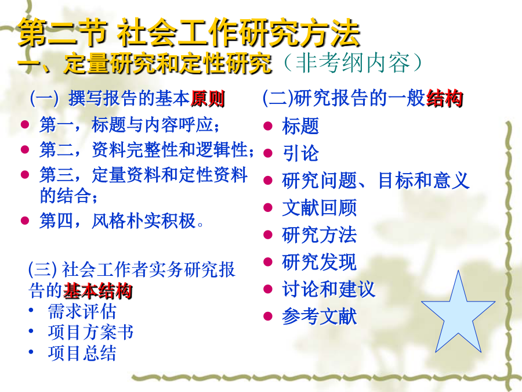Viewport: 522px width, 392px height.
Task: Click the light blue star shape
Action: [458, 317]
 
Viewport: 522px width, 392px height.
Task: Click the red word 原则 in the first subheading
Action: [208, 99]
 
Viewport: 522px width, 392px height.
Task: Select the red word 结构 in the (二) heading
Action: [445, 98]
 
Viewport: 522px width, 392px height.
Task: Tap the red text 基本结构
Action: [97, 291]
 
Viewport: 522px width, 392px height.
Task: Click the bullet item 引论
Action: [300, 153]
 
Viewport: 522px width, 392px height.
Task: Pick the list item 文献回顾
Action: [319, 208]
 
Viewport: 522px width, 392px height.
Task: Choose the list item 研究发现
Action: [319, 262]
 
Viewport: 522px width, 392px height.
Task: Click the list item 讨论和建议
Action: [329, 289]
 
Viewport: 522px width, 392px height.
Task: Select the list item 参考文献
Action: [319, 316]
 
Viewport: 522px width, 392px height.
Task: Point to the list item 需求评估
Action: [82, 312]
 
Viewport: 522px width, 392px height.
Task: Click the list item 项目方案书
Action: [90, 332]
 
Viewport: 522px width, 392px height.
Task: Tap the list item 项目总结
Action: [82, 353]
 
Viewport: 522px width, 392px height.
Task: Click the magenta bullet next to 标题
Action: [268, 127]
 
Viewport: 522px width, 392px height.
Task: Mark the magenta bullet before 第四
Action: [25, 220]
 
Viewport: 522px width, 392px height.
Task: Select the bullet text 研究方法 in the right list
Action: [319, 235]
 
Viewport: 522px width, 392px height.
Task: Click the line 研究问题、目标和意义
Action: [376, 181]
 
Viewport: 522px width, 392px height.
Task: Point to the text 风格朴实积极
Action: [143, 221]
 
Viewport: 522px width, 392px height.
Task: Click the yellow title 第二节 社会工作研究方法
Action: [189, 32]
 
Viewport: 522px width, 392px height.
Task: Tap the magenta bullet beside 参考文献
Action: [268, 316]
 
